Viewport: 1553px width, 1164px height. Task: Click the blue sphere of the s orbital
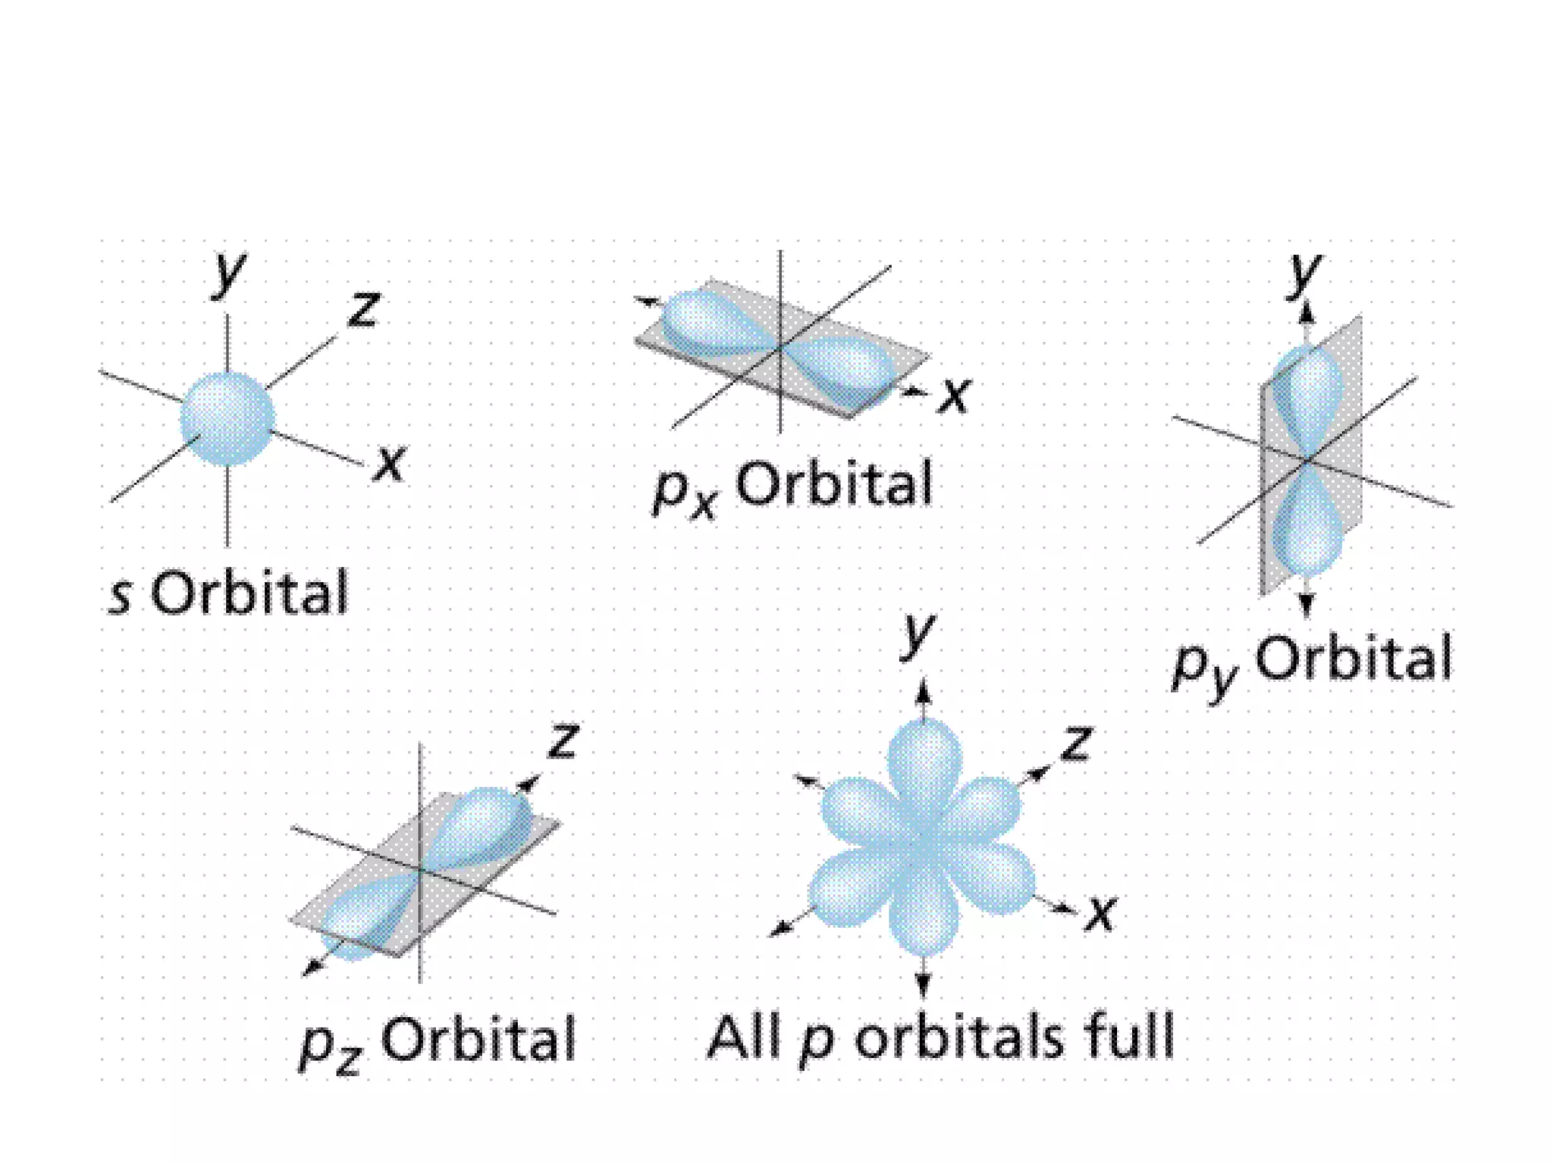point(227,418)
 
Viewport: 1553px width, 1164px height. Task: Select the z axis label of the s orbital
point(362,309)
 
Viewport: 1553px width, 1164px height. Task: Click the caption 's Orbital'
point(228,593)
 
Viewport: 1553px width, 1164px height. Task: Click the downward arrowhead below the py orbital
point(1305,603)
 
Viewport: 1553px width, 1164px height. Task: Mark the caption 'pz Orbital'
point(438,1041)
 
